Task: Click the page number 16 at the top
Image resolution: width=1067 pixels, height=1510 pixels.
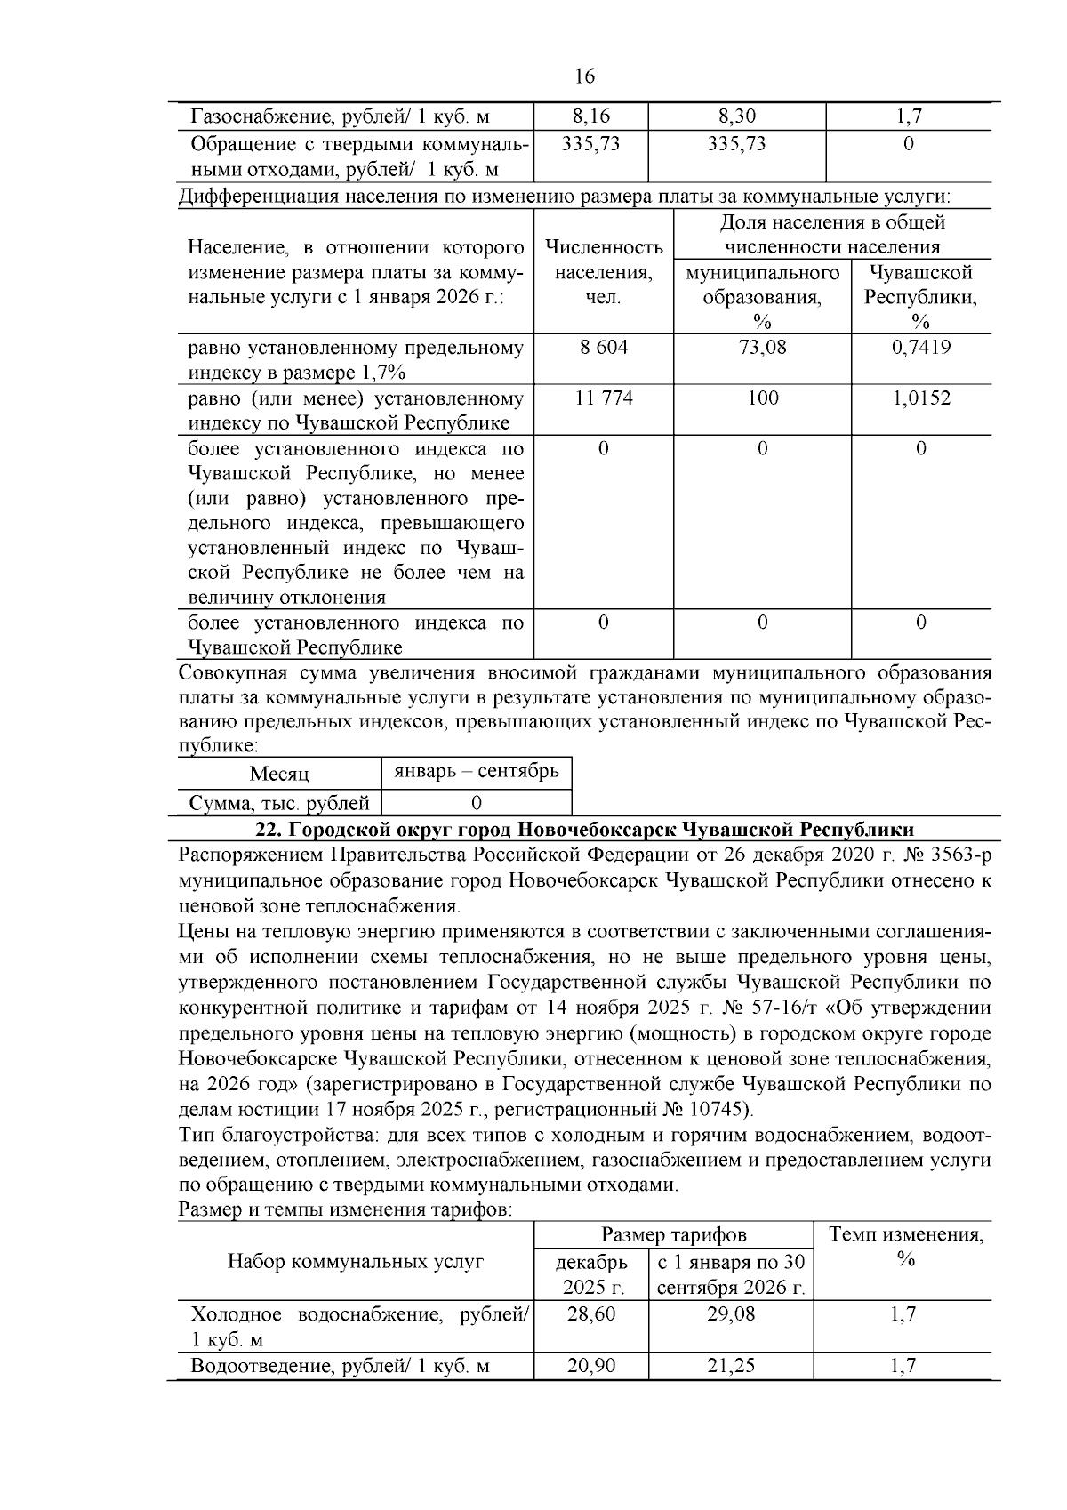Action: tap(584, 76)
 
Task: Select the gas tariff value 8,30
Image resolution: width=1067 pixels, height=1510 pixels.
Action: tap(736, 116)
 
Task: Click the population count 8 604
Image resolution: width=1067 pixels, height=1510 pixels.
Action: tap(603, 348)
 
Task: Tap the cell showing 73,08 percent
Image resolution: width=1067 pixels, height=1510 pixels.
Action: tap(762, 348)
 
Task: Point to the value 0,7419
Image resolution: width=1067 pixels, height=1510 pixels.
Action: tap(920, 348)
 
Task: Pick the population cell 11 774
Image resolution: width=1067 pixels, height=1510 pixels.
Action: tap(603, 398)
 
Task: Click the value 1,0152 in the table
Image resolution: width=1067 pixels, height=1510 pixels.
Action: tap(920, 398)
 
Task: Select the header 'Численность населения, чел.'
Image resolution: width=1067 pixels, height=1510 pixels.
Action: tap(603, 272)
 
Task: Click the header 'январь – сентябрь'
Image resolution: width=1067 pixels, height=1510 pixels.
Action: tap(476, 771)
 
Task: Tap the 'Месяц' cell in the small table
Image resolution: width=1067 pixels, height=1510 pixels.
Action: tap(279, 774)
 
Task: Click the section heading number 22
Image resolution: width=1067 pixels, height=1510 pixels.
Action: tap(267, 830)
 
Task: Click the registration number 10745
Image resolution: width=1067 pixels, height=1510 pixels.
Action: tap(720, 1110)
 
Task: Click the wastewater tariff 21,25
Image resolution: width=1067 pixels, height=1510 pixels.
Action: tap(730, 1366)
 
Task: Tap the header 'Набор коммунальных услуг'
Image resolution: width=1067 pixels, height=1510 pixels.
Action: tap(356, 1261)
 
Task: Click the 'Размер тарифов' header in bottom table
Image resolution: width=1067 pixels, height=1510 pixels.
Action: tap(673, 1235)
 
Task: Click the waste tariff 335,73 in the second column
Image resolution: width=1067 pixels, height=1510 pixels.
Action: tap(590, 144)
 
